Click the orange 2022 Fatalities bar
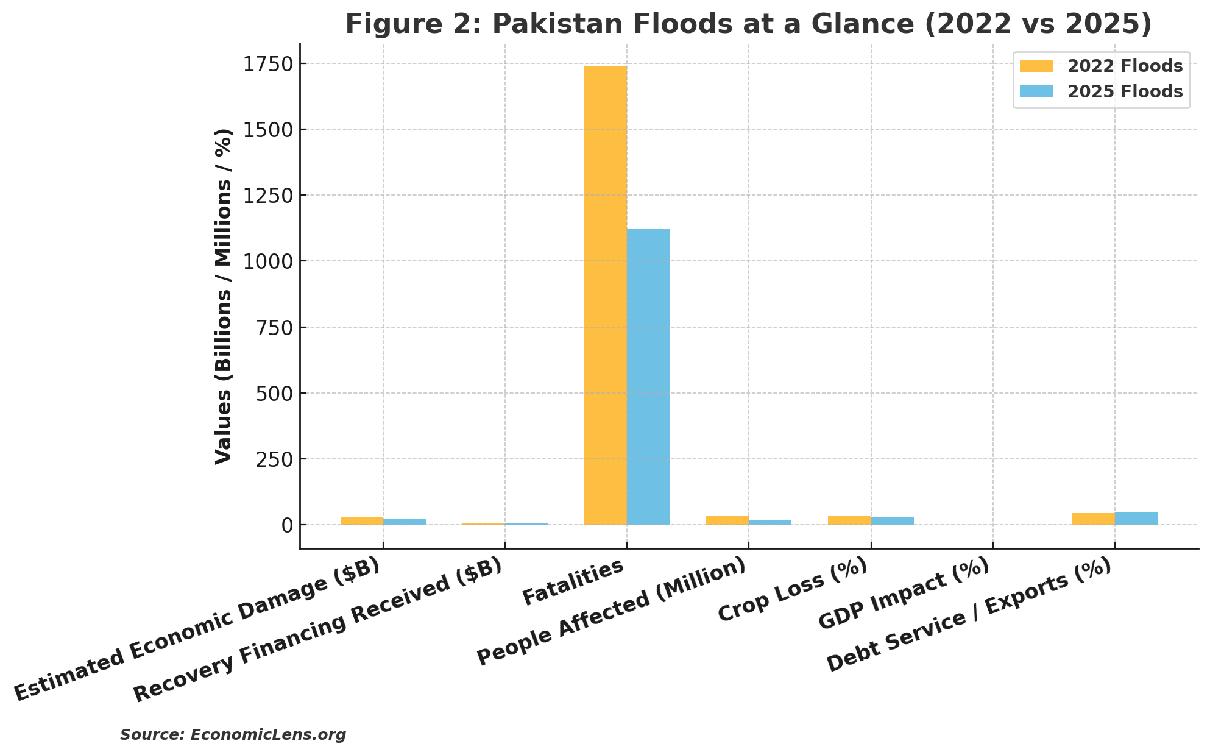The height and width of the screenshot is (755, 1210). [x=605, y=296]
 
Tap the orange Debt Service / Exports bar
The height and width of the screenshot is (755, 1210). [x=1093, y=519]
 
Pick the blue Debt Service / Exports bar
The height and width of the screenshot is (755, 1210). [x=1136, y=519]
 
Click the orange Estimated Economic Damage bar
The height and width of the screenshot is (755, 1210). [x=361, y=520]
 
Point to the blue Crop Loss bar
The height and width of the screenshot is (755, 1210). [x=892, y=521]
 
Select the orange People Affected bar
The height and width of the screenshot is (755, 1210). [x=727, y=520]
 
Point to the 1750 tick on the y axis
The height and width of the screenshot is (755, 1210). [x=267, y=64]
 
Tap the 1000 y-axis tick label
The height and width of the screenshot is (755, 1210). [x=267, y=261]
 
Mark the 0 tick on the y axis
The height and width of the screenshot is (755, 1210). [x=287, y=525]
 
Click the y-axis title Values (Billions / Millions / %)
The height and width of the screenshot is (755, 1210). [x=224, y=296]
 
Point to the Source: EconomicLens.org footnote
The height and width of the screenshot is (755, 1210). [x=233, y=735]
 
